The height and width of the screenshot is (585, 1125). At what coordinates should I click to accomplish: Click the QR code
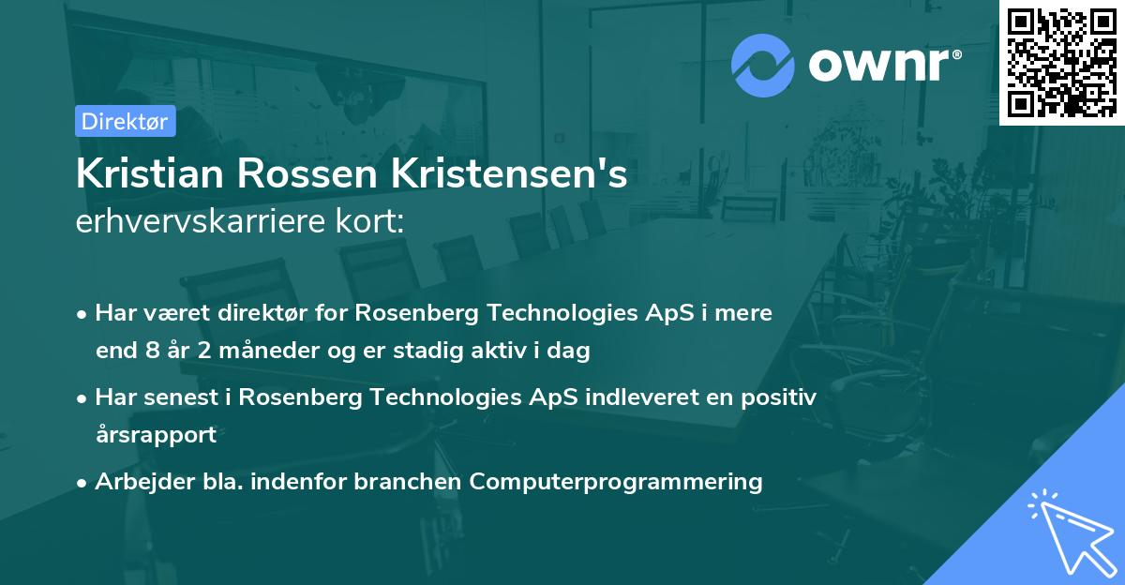click(x=1061, y=62)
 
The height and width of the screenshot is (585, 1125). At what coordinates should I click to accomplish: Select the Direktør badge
click(x=125, y=121)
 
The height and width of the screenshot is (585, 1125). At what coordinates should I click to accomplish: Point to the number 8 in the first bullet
click(x=153, y=352)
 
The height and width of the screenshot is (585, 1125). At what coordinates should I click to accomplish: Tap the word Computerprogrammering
click(x=616, y=482)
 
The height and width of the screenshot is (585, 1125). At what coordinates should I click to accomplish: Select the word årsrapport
click(x=156, y=435)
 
